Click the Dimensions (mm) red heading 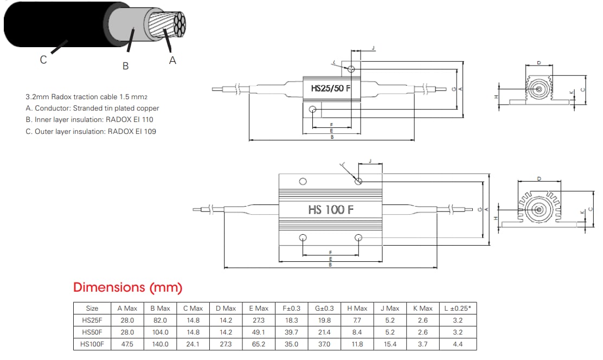[x=127, y=287]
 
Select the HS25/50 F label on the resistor [x=330, y=88]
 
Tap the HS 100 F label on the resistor [x=331, y=209]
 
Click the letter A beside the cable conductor [x=172, y=61]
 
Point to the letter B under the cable [x=125, y=66]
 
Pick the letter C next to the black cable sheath [x=43, y=60]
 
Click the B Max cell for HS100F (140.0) [x=160, y=344]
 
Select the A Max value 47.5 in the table [x=127, y=344]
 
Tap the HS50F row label [x=92, y=332]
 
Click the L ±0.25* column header [x=458, y=308]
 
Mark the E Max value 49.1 [x=258, y=332]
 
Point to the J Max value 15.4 [x=390, y=344]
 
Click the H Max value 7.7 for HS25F [x=357, y=320]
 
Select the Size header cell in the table [x=92, y=308]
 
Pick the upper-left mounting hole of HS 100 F [x=303, y=181]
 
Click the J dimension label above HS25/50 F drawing [x=373, y=48]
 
